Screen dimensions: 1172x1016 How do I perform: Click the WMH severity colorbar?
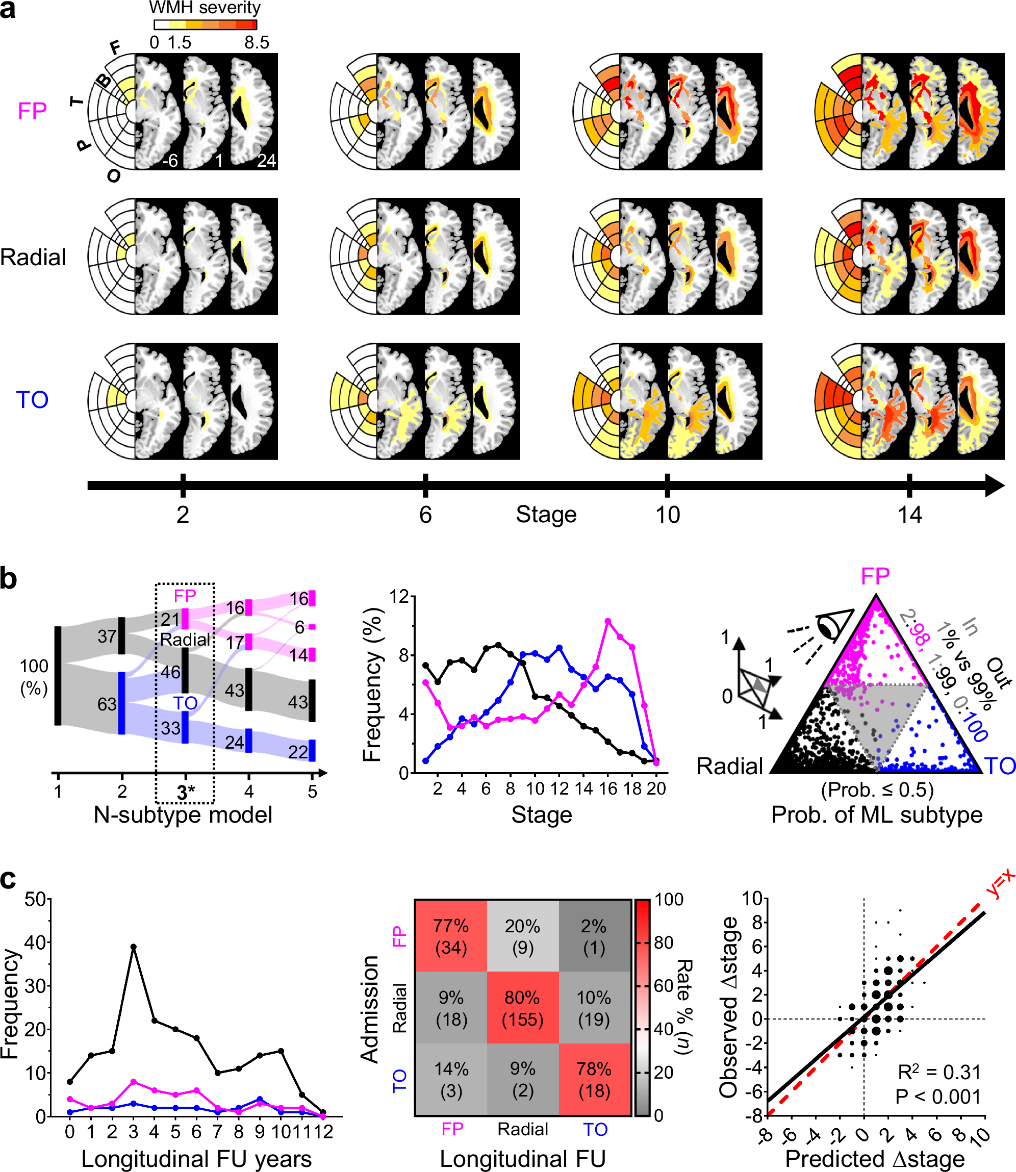pos(205,24)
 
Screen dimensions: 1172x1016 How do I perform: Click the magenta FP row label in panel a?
pos(32,111)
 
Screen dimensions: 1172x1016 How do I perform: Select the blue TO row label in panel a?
pos(32,400)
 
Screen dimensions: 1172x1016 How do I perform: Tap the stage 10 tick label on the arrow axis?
pos(667,515)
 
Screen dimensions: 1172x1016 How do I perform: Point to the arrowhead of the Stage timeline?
pos(995,486)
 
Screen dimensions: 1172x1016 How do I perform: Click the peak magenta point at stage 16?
pos(608,621)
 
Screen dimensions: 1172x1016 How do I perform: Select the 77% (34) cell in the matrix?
pos(451,936)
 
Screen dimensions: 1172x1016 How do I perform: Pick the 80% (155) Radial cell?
pos(522,1008)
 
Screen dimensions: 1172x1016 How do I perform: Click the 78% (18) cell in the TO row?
pos(594,1079)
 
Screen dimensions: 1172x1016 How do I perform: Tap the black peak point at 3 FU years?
pos(133,947)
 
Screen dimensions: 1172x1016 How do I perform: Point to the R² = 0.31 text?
pos(939,1072)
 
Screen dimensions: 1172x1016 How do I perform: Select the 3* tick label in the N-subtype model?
pos(185,792)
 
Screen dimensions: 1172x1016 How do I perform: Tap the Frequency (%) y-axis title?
pos(372,684)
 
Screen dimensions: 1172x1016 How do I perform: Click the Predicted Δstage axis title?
pos(874,1158)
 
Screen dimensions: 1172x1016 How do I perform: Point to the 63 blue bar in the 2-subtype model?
pos(121,703)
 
